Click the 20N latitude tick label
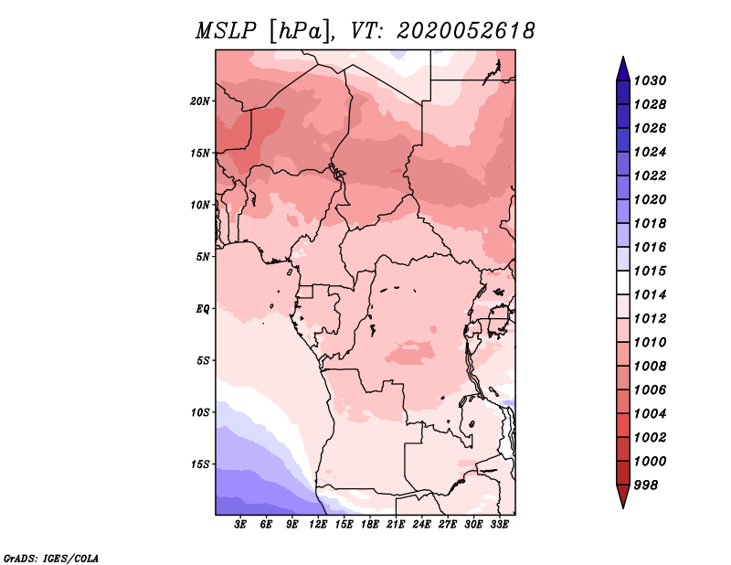(x=200, y=101)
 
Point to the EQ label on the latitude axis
(x=202, y=309)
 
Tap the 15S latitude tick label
(x=200, y=464)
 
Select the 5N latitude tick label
(x=203, y=257)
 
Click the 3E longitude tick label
(x=240, y=525)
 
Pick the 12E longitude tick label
(x=318, y=525)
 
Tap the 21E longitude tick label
(x=396, y=525)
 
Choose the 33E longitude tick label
(x=499, y=525)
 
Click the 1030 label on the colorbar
(x=650, y=80)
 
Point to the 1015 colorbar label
(x=650, y=271)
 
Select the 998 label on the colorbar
(x=646, y=485)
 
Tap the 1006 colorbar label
(x=650, y=390)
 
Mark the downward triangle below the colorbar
(x=623, y=496)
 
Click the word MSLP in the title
(x=226, y=31)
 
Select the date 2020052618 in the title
(x=465, y=31)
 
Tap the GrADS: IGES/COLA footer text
(x=51, y=558)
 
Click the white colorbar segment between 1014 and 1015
(x=623, y=282)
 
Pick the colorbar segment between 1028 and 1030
(x=623, y=93)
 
